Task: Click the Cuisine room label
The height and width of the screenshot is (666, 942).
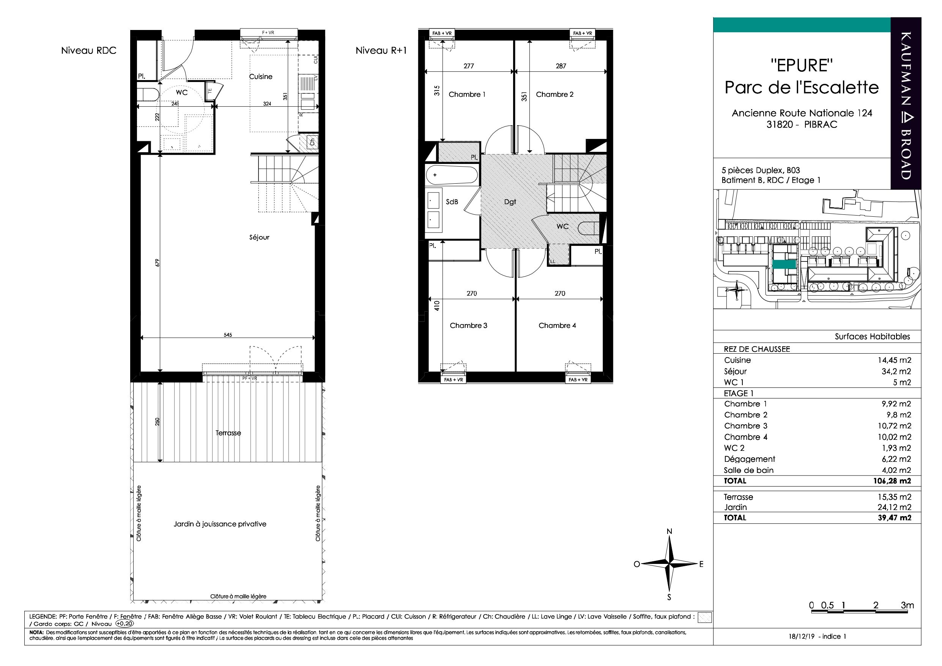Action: pos(260,77)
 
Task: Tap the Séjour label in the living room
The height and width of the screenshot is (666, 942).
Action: pos(259,237)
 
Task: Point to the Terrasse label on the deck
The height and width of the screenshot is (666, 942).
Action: pos(228,433)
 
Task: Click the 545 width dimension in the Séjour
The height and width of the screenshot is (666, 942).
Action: pos(228,335)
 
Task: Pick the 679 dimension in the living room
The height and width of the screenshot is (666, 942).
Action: pos(157,262)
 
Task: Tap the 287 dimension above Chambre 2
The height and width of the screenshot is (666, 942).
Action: pos(561,66)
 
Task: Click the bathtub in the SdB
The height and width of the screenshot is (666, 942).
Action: pos(452,175)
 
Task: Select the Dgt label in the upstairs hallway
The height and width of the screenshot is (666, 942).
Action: pos(510,202)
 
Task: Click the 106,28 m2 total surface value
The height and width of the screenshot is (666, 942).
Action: pos(892,481)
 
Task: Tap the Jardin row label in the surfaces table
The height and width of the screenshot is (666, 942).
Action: pos(735,507)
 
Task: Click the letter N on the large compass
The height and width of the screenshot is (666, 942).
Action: pos(669,532)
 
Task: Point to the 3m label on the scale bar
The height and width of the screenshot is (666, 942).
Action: pos(907,605)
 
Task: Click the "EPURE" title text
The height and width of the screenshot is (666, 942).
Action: pos(802,66)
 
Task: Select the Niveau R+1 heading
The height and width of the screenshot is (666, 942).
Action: pos(381,51)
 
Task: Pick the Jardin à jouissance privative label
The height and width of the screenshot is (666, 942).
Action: pos(220,524)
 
